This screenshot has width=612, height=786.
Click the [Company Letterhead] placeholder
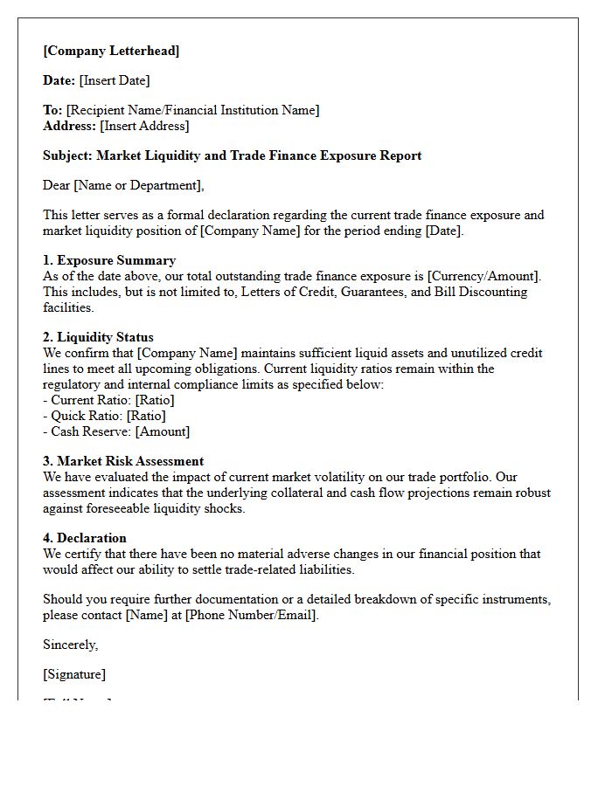(x=111, y=51)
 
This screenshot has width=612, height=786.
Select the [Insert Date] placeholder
(x=115, y=80)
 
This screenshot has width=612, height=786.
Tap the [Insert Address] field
(x=144, y=126)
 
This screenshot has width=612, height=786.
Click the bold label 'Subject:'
(x=68, y=155)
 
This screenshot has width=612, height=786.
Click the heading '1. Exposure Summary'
(x=109, y=260)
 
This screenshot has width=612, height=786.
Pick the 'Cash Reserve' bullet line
(x=116, y=431)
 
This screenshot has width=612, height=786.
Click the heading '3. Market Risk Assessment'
(x=123, y=461)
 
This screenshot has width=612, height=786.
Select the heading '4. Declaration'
(x=85, y=538)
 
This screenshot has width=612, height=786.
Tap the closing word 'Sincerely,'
(x=71, y=645)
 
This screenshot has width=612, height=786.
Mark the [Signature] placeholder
(x=74, y=674)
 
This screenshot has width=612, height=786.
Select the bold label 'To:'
(x=52, y=110)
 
